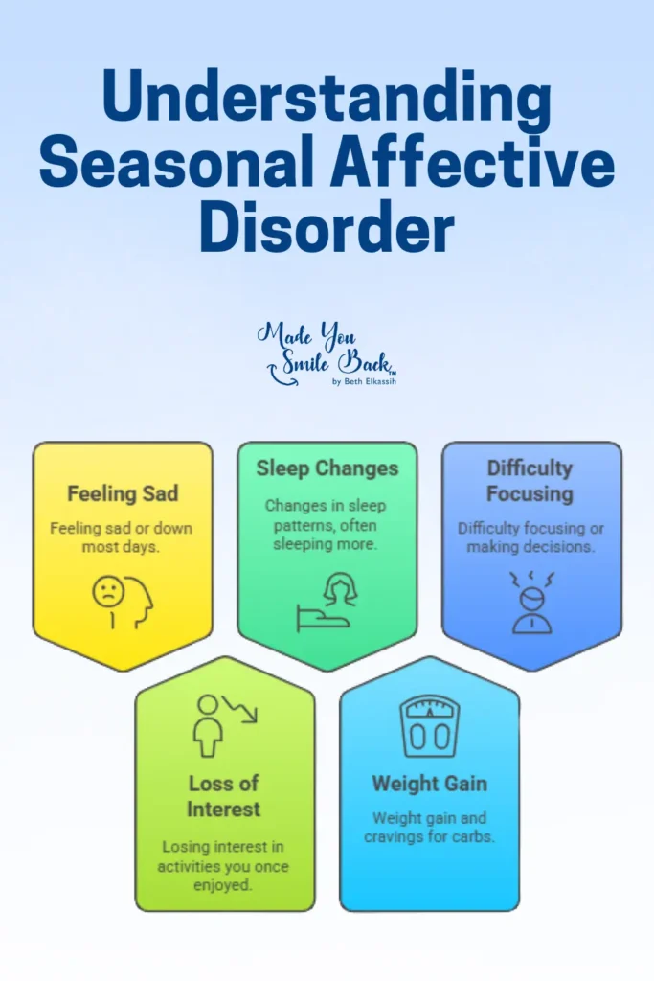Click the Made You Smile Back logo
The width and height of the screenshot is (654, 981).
coord(327,354)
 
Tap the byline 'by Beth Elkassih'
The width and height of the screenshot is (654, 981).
coord(364,381)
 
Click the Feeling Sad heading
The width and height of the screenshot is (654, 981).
coord(123,493)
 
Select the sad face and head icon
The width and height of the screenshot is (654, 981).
coord(124,602)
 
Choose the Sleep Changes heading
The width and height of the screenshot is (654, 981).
coord(327,468)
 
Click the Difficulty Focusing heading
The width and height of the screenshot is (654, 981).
coord(530,481)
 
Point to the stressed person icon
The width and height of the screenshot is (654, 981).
coord(531,603)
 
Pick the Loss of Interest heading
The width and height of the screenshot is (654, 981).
coord(223,796)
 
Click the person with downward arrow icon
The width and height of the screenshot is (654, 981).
coord(224,726)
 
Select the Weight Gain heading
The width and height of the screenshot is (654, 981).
coord(430,784)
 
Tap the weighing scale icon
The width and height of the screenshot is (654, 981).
coord(430,726)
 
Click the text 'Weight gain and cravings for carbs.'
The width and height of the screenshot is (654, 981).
coord(430,827)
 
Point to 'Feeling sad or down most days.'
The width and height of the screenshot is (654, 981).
coord(121,537)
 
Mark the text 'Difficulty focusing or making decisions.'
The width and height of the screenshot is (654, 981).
coord(530,537)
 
